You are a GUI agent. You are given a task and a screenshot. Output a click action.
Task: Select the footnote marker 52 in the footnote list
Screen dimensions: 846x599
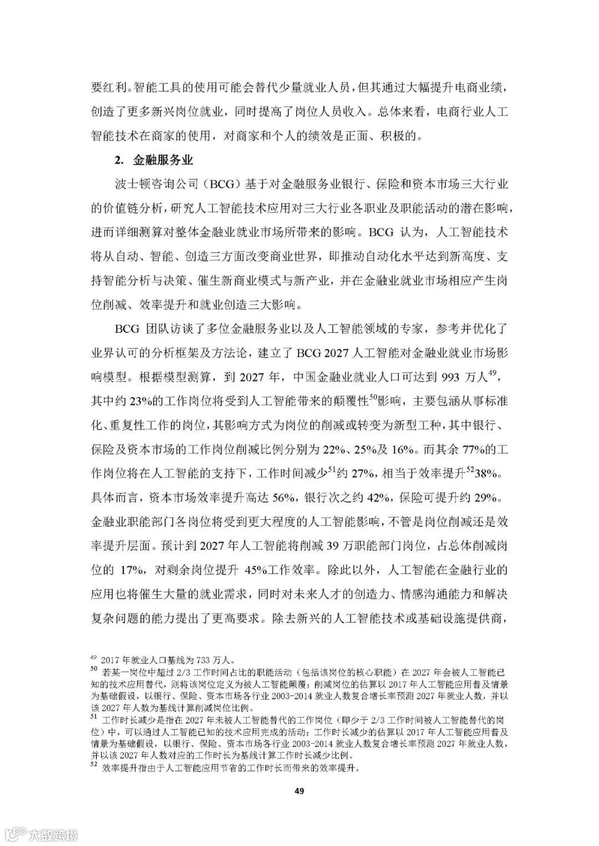[x=93, y=767]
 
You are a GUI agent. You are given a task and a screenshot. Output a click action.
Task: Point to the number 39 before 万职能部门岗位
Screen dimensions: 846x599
[x=333, y=545]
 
